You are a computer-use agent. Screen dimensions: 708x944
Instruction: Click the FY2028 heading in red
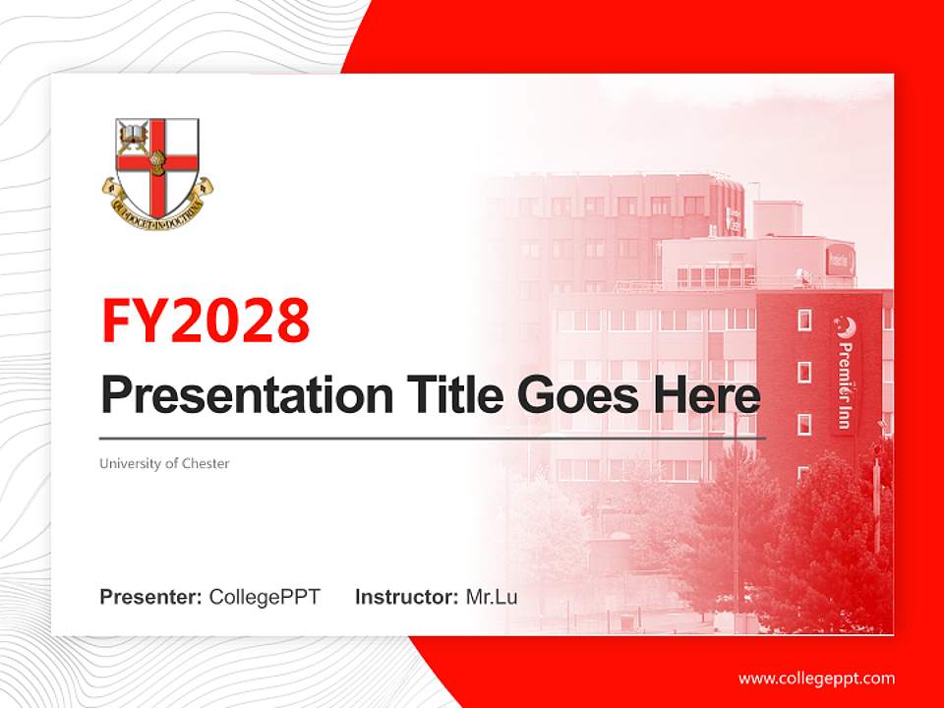click(206, 321)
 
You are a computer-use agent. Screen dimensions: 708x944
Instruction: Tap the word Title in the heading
click(452, 395)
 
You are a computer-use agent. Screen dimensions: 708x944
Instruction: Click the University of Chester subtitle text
click(164, 463)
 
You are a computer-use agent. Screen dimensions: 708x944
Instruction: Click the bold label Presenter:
click(151, 597)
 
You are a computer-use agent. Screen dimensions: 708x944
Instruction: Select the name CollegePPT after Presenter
click(265, 597)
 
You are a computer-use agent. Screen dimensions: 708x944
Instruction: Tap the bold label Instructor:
click(406, 597)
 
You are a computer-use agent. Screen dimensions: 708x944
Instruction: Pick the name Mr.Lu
click(492, 597)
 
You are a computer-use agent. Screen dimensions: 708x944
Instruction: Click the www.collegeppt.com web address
click(816, 678)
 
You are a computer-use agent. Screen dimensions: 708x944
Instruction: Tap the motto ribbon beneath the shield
click(157, 206)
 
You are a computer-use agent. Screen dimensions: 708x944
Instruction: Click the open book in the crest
click(133, 133)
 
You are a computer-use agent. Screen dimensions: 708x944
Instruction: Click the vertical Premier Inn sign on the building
click(845, 374)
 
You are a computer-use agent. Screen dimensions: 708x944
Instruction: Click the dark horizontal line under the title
click(433, 438)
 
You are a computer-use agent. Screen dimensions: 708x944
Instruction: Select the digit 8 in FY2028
click(292, 321)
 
